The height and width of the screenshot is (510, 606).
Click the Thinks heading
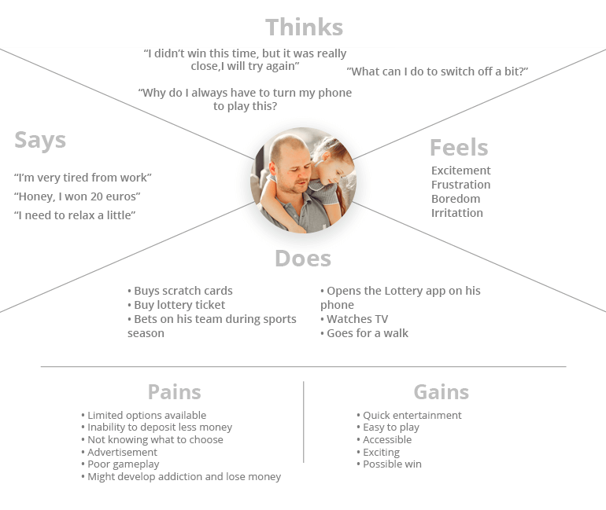[304, 28]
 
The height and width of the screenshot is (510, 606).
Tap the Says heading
[40, 140]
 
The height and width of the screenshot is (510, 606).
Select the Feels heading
[459, 148]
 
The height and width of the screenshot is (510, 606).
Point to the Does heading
[303, 258]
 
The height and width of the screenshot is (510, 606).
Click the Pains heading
[174, 392]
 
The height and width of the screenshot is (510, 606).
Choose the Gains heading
[442, 392]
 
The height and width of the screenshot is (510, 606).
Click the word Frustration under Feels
[460, 185]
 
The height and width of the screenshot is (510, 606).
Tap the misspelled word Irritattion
[457, 213]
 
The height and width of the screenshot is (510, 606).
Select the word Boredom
[456, 199]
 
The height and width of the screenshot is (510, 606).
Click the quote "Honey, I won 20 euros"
[77, 196]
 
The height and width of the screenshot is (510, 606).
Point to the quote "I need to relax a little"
[75, 215]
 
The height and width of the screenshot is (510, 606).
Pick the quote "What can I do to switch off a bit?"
[437, 72]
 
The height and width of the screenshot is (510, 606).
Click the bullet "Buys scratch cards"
[180, 291]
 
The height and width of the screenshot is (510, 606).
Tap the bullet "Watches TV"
[354, 319]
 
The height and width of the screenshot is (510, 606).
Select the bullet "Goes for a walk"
[364, 333]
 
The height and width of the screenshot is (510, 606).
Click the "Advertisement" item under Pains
[119, 452]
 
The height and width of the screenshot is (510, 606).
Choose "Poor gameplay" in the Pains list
[120, 464]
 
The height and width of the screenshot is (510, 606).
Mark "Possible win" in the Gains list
[390, 464]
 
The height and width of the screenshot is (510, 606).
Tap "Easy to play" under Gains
[388, 427]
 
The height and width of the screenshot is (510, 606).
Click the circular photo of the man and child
[303, 180]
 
